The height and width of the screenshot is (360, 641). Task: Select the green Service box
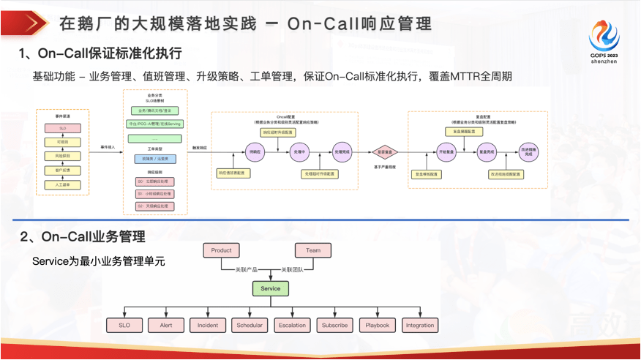pos(271,289)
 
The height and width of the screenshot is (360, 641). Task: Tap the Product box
pos(221,250)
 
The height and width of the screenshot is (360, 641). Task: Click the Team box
pos(313,250)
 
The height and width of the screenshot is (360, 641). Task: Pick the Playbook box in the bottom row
pos(378,325)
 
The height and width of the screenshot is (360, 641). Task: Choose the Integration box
pos(420,325)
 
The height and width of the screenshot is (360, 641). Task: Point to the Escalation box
pos(292,325)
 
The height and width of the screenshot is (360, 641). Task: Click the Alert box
pos(165,325)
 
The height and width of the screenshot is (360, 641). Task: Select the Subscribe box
pos(334,325)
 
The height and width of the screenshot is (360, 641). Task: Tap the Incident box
pos(207,325)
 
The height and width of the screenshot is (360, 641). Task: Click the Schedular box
pos(250,325)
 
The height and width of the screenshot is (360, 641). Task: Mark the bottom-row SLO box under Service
pos(124,325)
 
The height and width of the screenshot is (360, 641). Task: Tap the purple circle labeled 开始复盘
pos(446,152)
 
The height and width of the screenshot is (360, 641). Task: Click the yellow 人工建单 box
pos(62,185)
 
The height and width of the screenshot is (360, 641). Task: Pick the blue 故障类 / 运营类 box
pos(154,158)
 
